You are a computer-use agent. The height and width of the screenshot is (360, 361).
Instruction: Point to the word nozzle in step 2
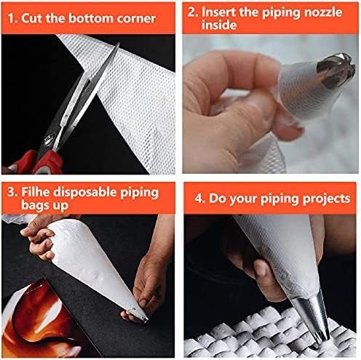tap(329, 12)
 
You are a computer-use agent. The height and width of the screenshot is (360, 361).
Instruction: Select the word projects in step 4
tap(322, 199)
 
